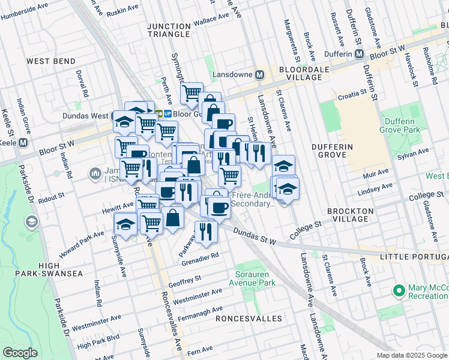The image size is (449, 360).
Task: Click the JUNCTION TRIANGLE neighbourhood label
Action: tap(172, 31)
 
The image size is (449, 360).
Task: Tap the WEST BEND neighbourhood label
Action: tap(51, 61)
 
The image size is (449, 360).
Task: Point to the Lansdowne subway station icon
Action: tap(260, 75)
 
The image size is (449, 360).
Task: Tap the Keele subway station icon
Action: tap(23, 143)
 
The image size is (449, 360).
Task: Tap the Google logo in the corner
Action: tap(20, 353)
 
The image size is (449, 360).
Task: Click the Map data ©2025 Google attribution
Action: tap(412, 355)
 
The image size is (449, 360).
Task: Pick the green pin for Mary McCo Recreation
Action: tap(397, 291)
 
